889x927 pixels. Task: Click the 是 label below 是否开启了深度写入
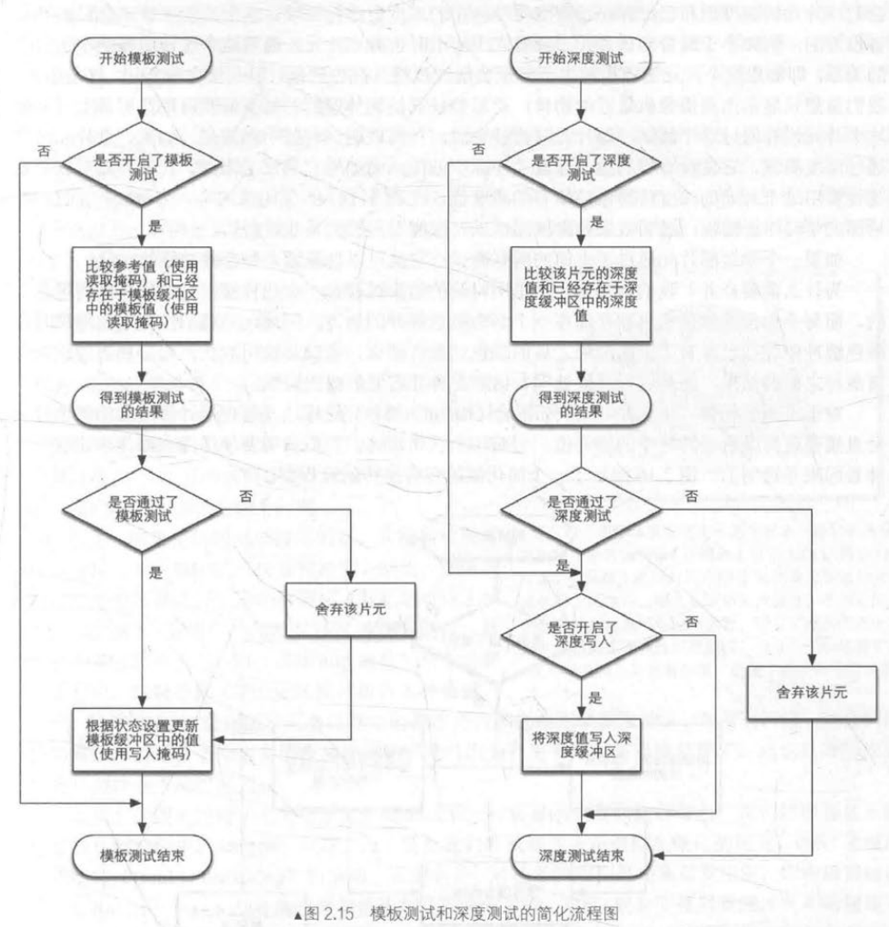[596, 697]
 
